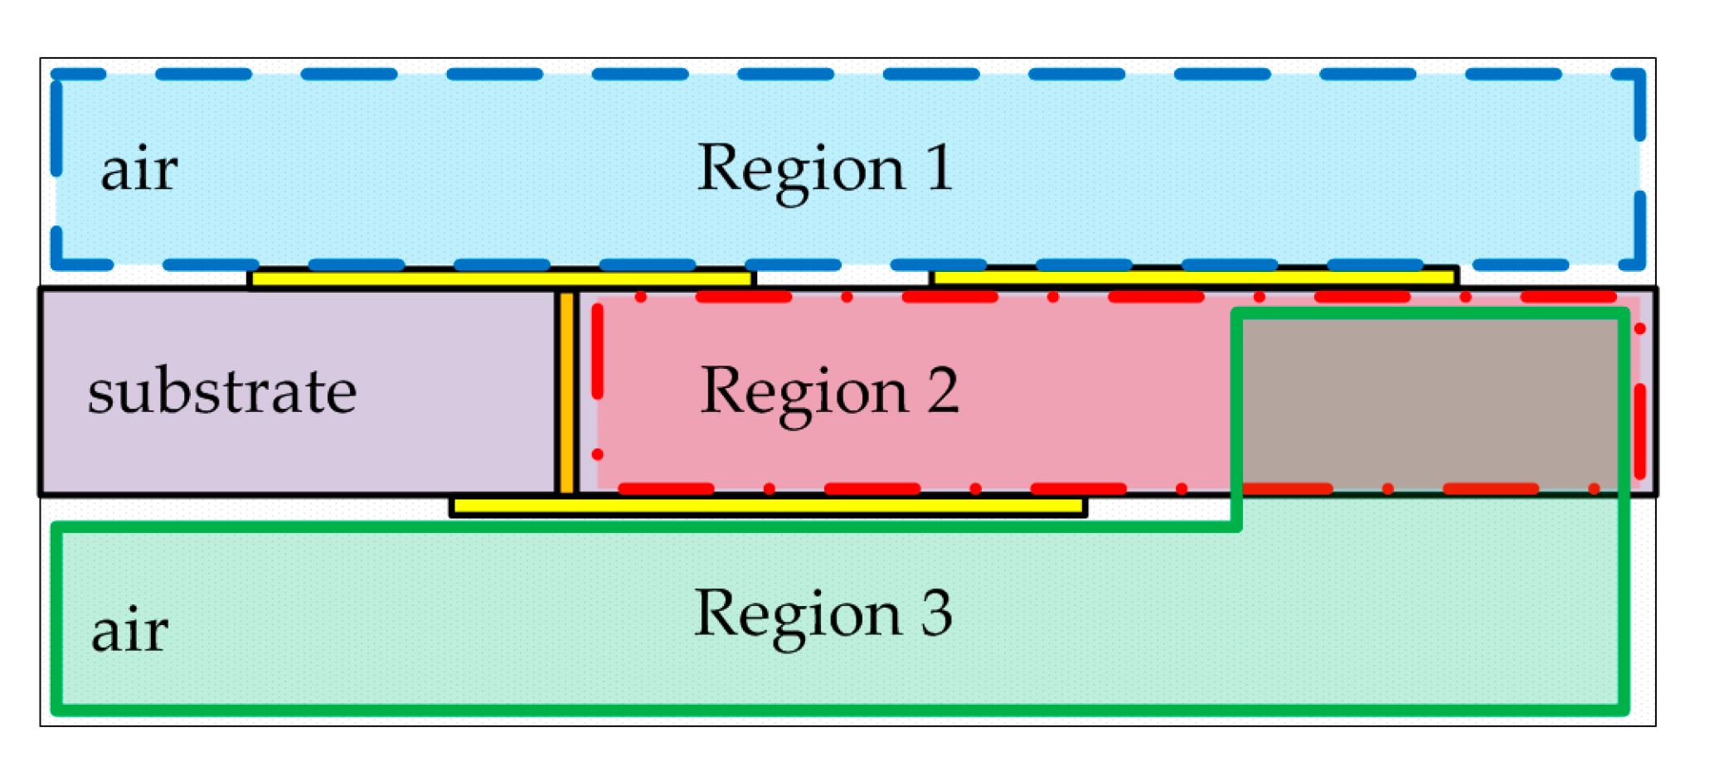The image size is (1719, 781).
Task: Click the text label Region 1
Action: (824, 169)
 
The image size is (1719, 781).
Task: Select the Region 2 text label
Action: (829, 391)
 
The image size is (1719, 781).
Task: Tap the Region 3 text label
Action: (823, 614)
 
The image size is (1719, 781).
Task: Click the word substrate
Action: (222, 391)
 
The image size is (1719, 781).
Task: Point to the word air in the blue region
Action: (138, 170)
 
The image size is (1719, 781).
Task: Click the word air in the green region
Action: (129, 631)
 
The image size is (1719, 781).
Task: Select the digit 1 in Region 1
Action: (939, 167)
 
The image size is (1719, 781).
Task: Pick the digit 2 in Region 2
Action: (943, 390)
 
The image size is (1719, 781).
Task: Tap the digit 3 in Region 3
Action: (936, 613)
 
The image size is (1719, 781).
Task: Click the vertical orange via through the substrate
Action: (566, 393)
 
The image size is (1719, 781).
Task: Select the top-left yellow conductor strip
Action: (501, 279)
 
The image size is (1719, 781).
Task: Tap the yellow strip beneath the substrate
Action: (768, 506)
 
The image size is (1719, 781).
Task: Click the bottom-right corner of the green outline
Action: (1624, 710)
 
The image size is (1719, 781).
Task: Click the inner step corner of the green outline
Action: (1236, 526)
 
